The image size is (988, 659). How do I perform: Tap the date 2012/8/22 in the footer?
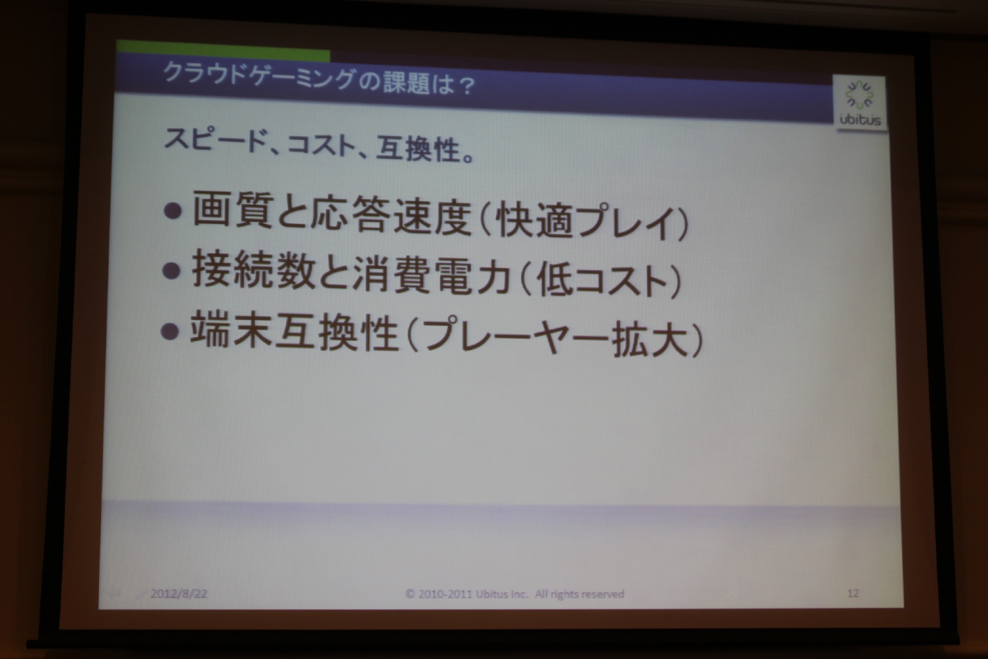pyautogui.click(x=179, y=593)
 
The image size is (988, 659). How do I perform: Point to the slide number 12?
pyautogui.click(x=853, y=593)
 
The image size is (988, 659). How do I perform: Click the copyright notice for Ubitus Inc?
pyautogui.click(x=515, y=594)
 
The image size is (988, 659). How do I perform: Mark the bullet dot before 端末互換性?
pyautogui.click(x=170, y=330)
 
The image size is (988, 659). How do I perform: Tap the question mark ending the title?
pyautogui.click(x=463, y=85)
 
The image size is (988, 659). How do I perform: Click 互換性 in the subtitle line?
pyautogui.click(x=419, y=149)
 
